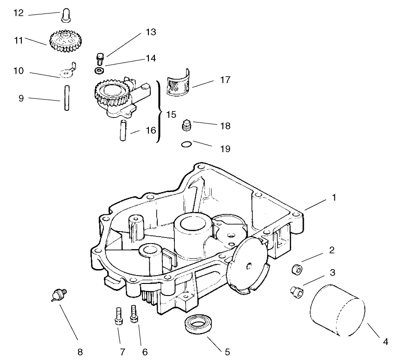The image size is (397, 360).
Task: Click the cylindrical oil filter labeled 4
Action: [x=337, y=311]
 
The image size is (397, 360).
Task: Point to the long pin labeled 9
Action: [x=67, y=98]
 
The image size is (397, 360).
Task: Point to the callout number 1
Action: [x=334, y=197]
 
